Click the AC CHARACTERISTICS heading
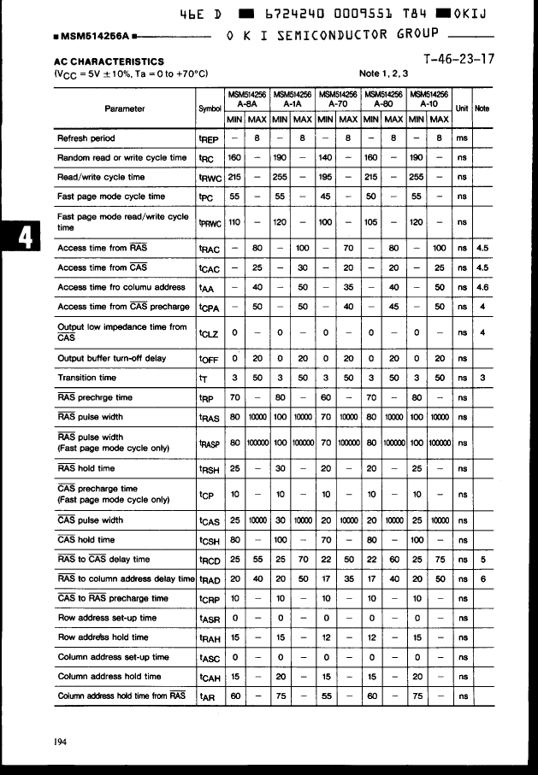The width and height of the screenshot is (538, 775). tap(109, 62)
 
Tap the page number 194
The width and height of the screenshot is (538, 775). tap(60, 742)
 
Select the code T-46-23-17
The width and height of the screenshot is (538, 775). tap(458, 60)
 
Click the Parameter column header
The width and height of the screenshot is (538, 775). tap(124, 109)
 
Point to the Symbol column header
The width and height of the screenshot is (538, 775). tap(210, 109)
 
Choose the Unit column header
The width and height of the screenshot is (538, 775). tap(462, 109)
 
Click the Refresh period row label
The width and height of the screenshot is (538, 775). tap(86, 138)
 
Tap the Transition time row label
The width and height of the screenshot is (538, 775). tap(86, 377)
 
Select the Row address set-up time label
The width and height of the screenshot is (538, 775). tap(107, 617)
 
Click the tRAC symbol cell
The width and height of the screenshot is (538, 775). tap(210, 249)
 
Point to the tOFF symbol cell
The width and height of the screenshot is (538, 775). tap(210, 358)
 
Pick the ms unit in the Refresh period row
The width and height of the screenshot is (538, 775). tap(462, 138)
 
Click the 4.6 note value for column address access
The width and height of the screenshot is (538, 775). tap(482, 287)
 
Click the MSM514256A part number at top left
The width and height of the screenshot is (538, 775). tap(92, 38)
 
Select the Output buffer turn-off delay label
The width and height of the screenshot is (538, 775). tap(111, 358)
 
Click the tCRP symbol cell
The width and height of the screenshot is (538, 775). tap(210, 598)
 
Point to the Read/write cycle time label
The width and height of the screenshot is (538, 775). tap(101, 177)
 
